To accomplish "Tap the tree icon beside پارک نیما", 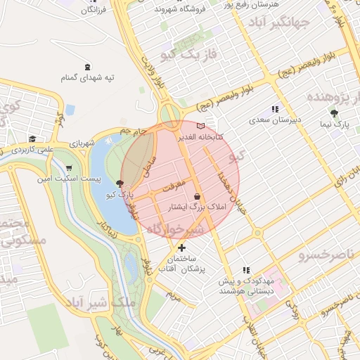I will tap(334, 113).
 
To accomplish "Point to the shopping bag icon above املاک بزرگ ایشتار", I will tap(196, 197).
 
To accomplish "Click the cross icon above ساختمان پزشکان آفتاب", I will tap(182, 247).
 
